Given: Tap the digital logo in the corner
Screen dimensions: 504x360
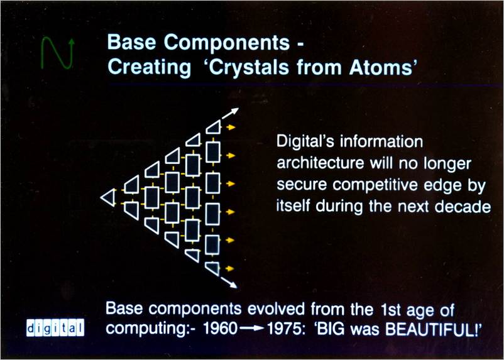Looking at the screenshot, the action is pyautogui.click(x=55, y=327).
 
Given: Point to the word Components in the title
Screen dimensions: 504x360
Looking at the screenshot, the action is pyautogui.click(x=227, y=42).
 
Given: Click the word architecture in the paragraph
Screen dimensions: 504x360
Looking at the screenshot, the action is pyautogui.click(x=320, y=163).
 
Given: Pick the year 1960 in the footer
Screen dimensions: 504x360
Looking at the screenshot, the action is pyautogui.click(x=220, y=328).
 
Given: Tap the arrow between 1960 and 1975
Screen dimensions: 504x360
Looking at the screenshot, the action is pyautogui.click(x=253, y=328).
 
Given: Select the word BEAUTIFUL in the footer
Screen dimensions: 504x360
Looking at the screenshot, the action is pyautogui.click(x=431, y=329).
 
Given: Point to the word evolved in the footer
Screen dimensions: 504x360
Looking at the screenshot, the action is pyautogui.click(x=276, y=309).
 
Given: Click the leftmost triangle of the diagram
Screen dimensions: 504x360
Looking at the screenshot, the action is pyautogui.click(x=109, y=197).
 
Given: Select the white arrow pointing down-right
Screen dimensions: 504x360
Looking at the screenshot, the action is pyautogui.click(x=229, y=282).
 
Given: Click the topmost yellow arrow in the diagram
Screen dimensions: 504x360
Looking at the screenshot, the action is pyautogui.click(x=231, y=128).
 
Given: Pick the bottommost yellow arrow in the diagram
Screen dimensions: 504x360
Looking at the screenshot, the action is pyautogui.click(x=229, y=268).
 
